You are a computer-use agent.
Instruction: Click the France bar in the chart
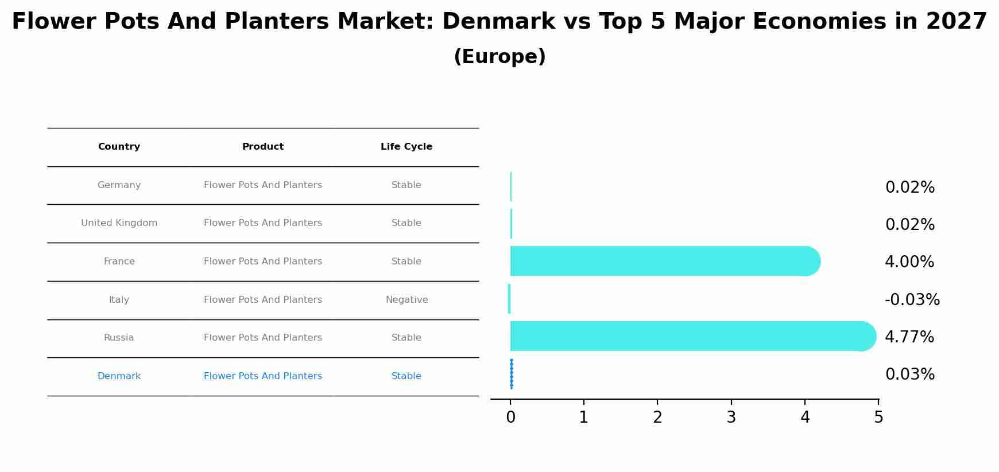[660, 261]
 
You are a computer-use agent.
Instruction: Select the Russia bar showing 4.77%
[689, 336]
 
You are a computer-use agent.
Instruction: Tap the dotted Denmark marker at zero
[511, 374]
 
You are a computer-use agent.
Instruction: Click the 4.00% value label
[909, 262]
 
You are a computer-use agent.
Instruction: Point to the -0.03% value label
[912, 300]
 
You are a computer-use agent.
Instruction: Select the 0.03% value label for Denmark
[909, 375]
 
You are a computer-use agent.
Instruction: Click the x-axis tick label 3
[731, 418]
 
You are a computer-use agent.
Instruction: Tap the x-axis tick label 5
[878, 418]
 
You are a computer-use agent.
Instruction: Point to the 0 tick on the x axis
[510, 418]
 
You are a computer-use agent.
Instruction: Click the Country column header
[119, 147]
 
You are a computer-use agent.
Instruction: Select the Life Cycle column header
[406, 147]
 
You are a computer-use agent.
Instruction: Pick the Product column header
[263, 147]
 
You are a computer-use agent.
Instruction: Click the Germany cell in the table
[119, 185]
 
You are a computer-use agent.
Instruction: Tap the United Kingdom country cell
[119, 223]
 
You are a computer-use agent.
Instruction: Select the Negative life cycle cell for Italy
[406, 300]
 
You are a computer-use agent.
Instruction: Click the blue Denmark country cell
[119, 376]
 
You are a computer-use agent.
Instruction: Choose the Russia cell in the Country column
[119, 338]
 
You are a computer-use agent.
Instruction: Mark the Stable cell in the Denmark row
[406, 376]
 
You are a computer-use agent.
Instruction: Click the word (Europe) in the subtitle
[499, 57]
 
